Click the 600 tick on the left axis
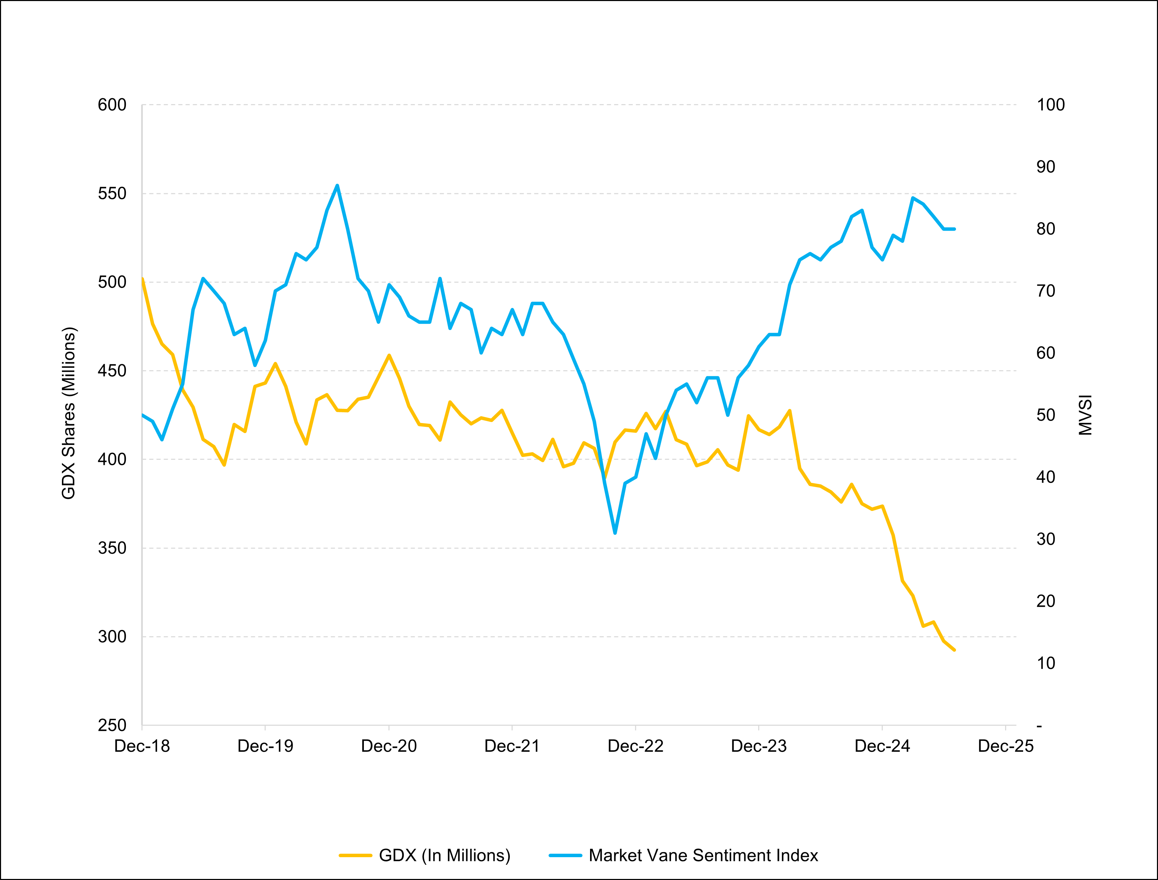click(x=112, y=105)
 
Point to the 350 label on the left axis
click(x=112, y=548)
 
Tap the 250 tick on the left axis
click(x=112, y=725)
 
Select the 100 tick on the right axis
click(x=1051, y=105)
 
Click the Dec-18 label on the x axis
click(x=142, y=746)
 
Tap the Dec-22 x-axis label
click(x=635, y=746)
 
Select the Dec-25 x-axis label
click(x=1005, y=746)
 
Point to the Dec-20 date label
click(x=389, y=746)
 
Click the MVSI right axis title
click(x=1085, y=415)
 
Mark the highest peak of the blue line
click(x=337, y=185)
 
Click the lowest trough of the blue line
click(x=615, y=533)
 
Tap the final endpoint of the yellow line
click(x=954, y=650)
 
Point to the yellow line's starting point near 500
click(x=143, y=279)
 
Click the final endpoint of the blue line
click(x=955, y=229)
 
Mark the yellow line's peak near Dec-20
click(x=389, y=355)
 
